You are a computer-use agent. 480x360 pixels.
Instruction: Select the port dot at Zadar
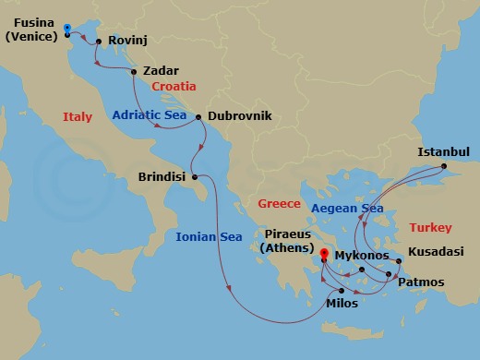point(135,72)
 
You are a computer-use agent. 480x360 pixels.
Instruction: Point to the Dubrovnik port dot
point(199,116)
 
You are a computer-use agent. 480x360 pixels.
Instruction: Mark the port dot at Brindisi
point(195,176)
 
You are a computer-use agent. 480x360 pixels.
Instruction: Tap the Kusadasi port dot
point(398,262)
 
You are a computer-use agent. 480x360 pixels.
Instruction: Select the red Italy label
point(78,117)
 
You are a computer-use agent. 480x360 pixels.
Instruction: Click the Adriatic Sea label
point(152,116)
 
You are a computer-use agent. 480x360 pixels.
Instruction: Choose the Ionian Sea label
point(209,237)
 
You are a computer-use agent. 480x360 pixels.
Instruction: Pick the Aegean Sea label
point(347,210)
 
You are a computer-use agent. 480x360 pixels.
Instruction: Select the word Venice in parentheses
point(33,37)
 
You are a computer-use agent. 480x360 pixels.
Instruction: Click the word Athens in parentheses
point(287,247)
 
